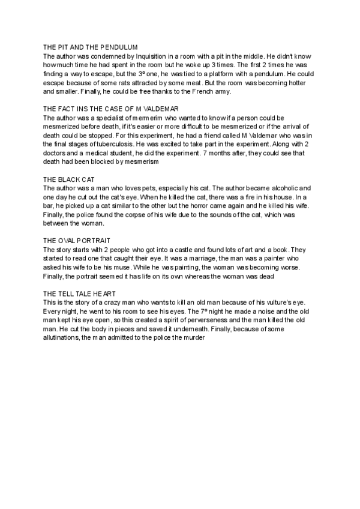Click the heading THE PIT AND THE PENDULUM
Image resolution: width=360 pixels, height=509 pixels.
point(91,47)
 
